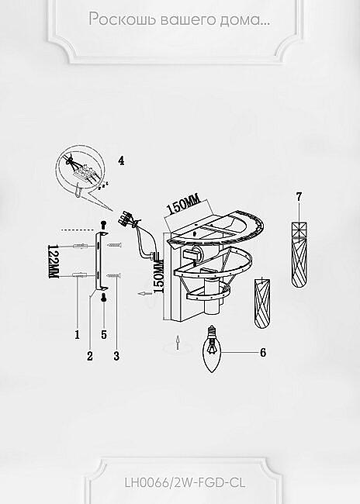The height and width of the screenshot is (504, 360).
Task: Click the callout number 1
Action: pos(78,335)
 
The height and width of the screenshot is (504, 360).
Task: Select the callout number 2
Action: pos(90,356)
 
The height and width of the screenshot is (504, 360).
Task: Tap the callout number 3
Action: pos(116,356)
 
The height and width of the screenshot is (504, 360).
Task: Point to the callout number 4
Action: pos(121,161)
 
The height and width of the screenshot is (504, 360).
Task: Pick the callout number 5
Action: pos(104,335)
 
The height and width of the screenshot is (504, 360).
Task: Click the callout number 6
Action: pos(263,353)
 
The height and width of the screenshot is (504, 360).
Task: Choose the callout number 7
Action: pos(299,196)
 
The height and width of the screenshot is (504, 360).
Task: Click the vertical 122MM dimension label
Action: pos(53,261)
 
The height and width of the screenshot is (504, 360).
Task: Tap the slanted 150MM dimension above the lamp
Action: pos(183,205)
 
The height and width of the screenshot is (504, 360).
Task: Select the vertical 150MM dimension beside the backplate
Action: pos(159,276)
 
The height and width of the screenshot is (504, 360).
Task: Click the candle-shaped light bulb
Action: pos(211,350)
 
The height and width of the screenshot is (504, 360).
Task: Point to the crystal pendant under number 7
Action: pos(299,254)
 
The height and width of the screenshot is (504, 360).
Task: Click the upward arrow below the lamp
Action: pos(178,342)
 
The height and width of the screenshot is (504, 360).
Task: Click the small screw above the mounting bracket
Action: pos(103,224)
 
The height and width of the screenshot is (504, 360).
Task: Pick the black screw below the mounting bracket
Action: pos(104,298)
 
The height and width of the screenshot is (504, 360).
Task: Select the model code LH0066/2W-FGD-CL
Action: pos(185,482)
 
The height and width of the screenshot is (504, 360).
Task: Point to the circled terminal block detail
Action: pos(80,170)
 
